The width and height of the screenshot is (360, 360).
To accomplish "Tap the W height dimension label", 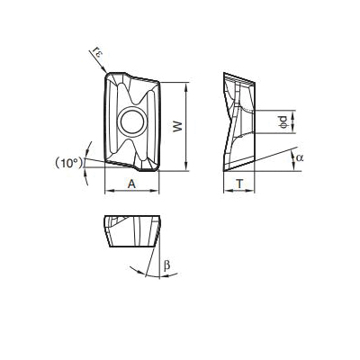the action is click(178, 126).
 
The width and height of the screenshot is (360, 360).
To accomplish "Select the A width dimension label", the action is click(131, 184).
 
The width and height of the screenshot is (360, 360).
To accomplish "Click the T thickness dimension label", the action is click(239, 184).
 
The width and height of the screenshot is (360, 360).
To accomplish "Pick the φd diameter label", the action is click(283, 121).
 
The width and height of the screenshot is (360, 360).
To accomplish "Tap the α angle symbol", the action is click(300, 157).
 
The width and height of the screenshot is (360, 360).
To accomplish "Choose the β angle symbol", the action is click(166, 265).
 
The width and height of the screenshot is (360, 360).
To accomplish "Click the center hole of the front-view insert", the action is click(132, 122).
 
